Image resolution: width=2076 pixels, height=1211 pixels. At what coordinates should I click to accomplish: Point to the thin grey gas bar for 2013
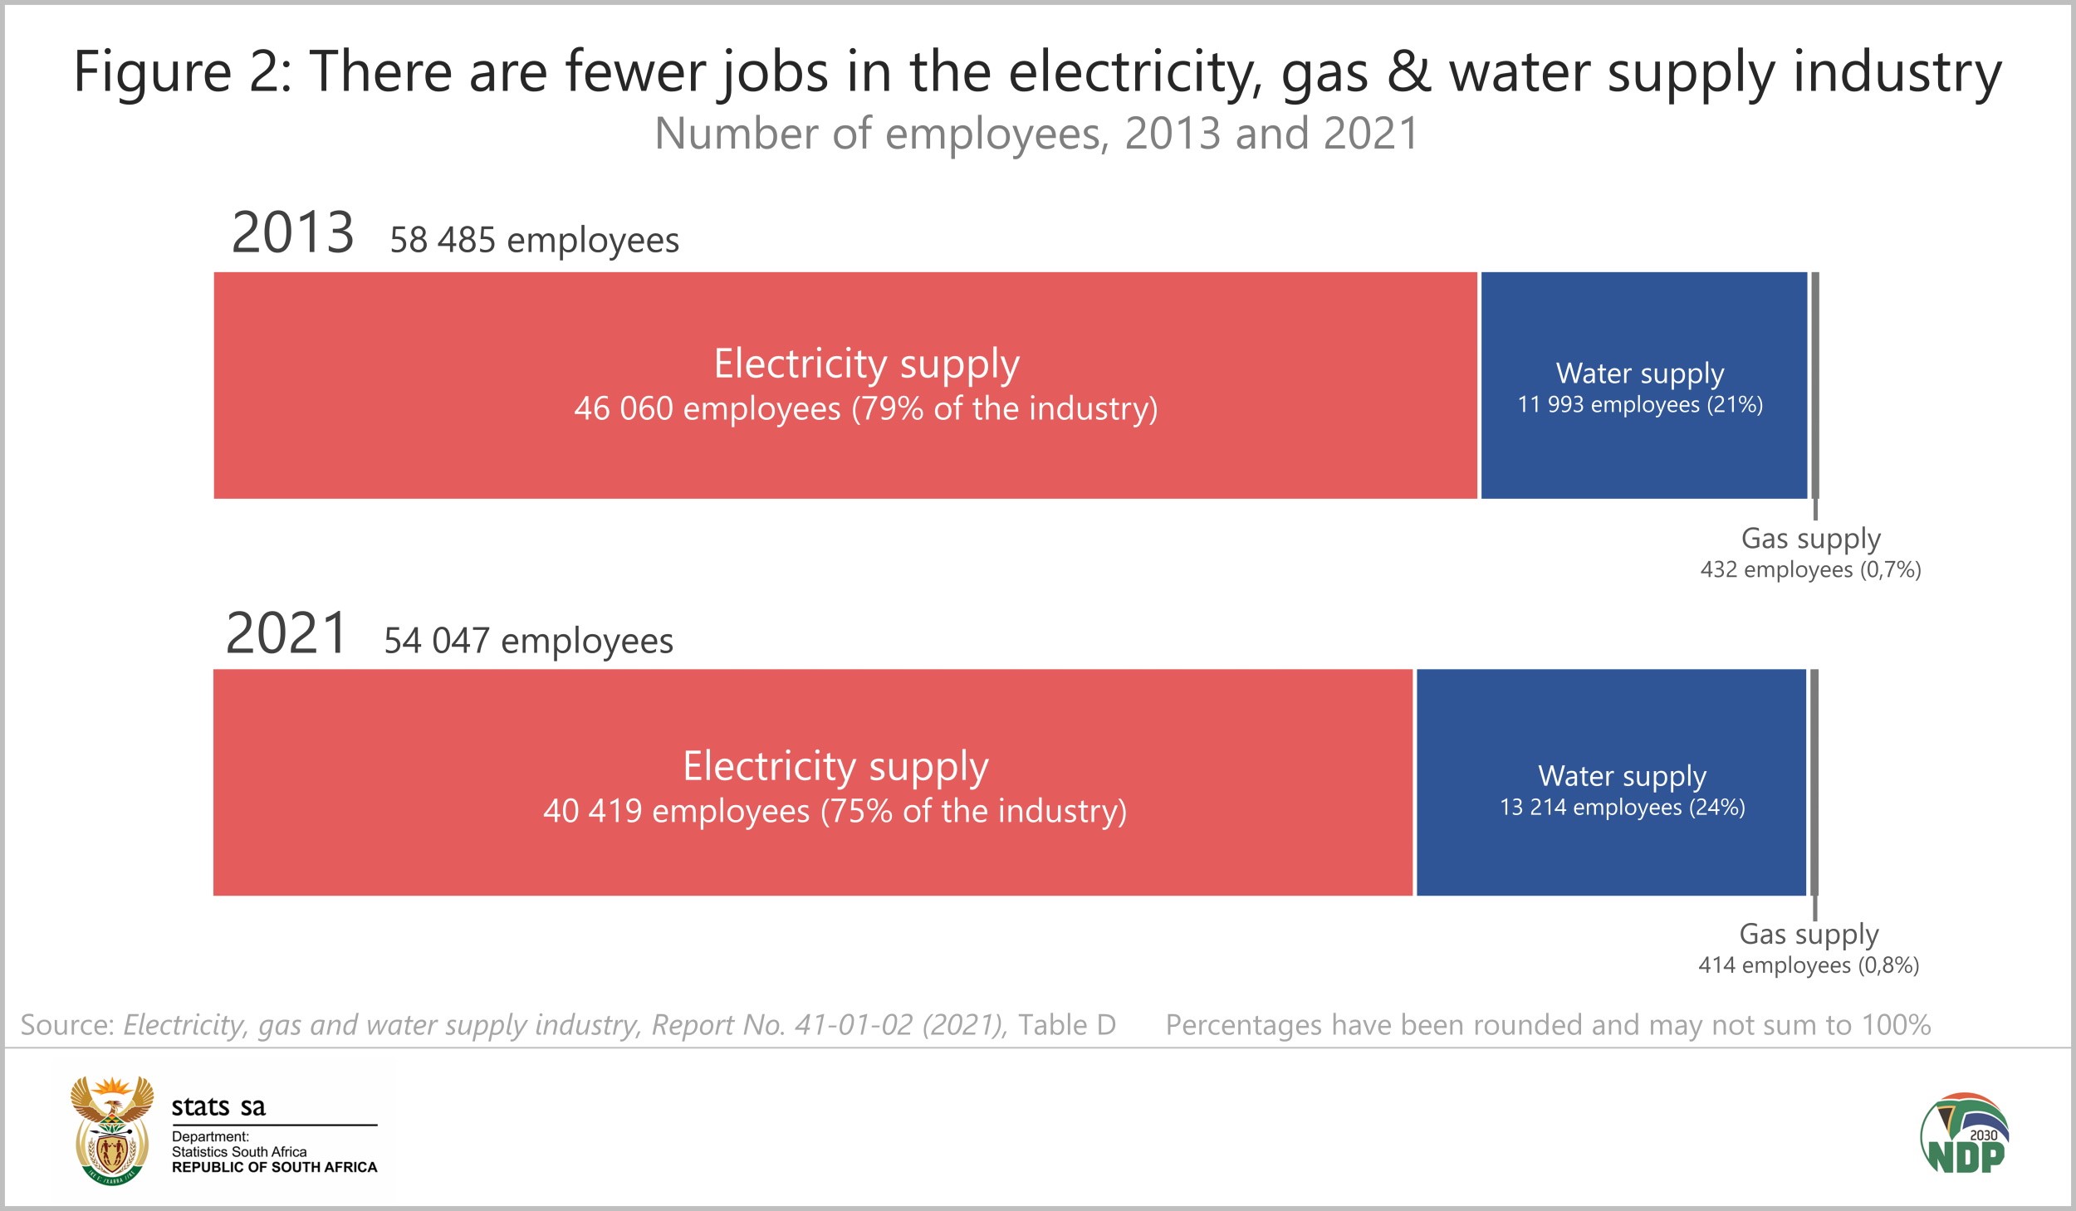[x=1814, y=385]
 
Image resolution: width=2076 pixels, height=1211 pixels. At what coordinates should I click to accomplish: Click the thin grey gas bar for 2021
[x=1814, y=784]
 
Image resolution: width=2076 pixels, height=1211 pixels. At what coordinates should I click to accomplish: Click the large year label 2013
[x=292, y=233]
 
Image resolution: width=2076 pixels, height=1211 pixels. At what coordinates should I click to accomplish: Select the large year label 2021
[x=286, y=634]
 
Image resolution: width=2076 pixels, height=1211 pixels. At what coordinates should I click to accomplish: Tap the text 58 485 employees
[x=534, y=241]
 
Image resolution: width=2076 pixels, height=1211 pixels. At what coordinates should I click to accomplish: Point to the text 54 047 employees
[x=528, y=642]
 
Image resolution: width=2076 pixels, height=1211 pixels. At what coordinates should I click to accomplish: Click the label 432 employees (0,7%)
[x=1810, y=570]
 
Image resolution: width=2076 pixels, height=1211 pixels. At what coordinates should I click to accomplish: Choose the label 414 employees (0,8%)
[x=1809, y=965]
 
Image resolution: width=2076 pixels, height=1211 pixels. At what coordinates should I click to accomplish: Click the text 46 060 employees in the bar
[x=707, y=409]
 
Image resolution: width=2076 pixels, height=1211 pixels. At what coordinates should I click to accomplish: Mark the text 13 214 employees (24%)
[x=1622, y=808]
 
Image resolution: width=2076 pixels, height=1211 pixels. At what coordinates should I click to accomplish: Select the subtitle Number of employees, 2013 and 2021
[x=1036, y=134]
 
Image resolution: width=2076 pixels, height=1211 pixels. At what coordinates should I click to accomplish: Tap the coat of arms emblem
[x=112, y=1130]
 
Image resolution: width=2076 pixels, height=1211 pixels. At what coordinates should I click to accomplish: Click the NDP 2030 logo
[x=1965, y=1134]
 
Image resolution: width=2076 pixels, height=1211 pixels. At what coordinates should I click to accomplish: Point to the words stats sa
[x=218, y=1107]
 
